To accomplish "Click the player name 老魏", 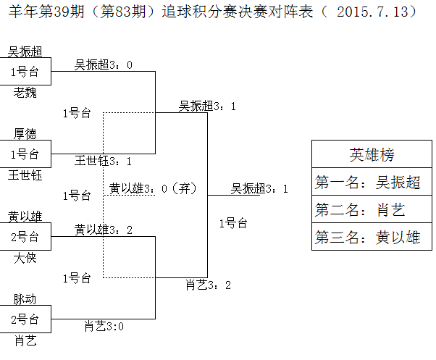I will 25,92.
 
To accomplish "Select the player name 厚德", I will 25,133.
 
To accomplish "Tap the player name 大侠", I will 25,257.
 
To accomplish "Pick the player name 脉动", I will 25,298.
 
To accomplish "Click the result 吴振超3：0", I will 104,65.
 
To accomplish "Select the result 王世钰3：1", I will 104,161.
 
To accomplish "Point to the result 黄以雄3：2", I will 104,230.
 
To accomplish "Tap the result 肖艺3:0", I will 104,326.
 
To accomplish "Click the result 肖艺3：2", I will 208,285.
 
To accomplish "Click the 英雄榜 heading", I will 372,154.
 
